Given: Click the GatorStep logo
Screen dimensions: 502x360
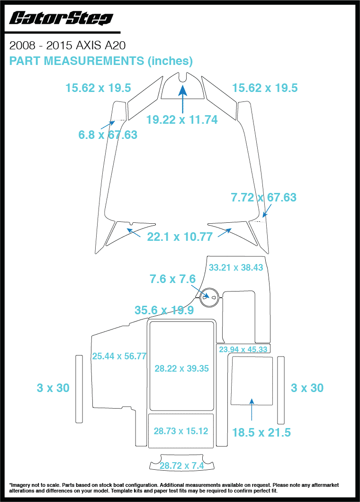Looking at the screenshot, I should [61, 18].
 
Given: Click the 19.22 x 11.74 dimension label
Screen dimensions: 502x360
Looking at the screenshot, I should [182, 120].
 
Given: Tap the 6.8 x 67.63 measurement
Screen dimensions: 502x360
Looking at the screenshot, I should [108, 135].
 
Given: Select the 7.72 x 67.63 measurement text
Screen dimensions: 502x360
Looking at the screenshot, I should [263, 197].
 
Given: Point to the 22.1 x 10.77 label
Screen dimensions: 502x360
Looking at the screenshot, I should [180, 236].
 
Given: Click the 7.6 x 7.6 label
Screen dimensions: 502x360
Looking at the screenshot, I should [172, 279].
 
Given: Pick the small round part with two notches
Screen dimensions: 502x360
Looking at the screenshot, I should [209, 297].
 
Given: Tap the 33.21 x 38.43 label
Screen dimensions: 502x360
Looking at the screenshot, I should [236, 267].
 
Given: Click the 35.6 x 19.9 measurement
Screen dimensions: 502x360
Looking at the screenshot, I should [164, 310].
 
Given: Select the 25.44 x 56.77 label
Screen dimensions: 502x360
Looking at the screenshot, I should [119, 356].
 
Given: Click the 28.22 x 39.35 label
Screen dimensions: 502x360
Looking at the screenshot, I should [182, 368].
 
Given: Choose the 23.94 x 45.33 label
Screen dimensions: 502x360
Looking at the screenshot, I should [243, 350].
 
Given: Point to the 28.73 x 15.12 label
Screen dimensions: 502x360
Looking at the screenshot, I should [181, 431].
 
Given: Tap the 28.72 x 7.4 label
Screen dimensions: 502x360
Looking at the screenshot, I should [181, 466].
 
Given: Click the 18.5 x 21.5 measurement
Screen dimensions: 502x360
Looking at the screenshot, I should [261, 432].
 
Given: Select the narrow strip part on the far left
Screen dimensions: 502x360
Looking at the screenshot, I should [79, 389].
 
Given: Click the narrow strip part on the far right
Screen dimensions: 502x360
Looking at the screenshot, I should [281, 391].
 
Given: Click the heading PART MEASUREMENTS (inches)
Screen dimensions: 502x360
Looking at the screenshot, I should [101, 61].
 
